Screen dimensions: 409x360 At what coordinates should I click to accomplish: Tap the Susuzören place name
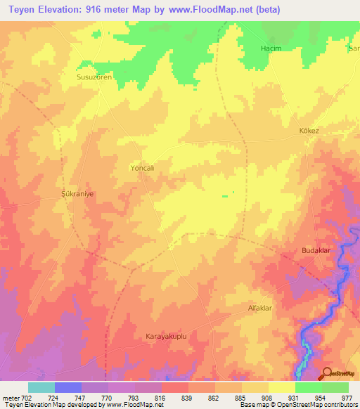(x=94, y=78)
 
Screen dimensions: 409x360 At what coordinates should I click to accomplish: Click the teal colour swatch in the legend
(x=41, y=387)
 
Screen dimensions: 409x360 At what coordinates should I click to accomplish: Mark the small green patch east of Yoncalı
(x=226, y=195)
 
